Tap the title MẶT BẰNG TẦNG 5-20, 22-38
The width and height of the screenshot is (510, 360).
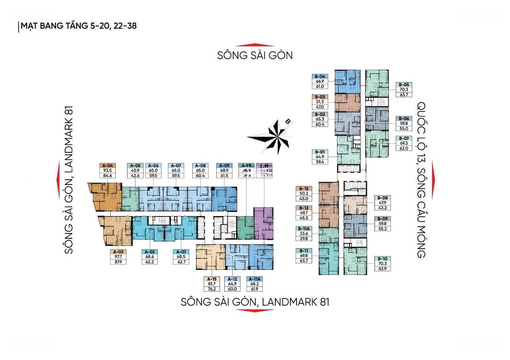tap(78, 26)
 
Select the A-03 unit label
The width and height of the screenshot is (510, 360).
tap(118, 251)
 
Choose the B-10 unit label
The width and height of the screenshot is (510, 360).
tap(382, 259)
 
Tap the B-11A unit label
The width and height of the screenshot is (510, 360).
tap(303, 228)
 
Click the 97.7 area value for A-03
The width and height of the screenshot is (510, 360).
tap(118, 257)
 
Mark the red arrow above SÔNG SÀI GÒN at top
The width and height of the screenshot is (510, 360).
tap(255, 42)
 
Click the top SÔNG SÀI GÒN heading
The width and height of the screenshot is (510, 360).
tap(255, 55)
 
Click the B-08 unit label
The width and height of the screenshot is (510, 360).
tap(382, 198)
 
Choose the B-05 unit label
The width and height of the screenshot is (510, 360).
tap(404, 84)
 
